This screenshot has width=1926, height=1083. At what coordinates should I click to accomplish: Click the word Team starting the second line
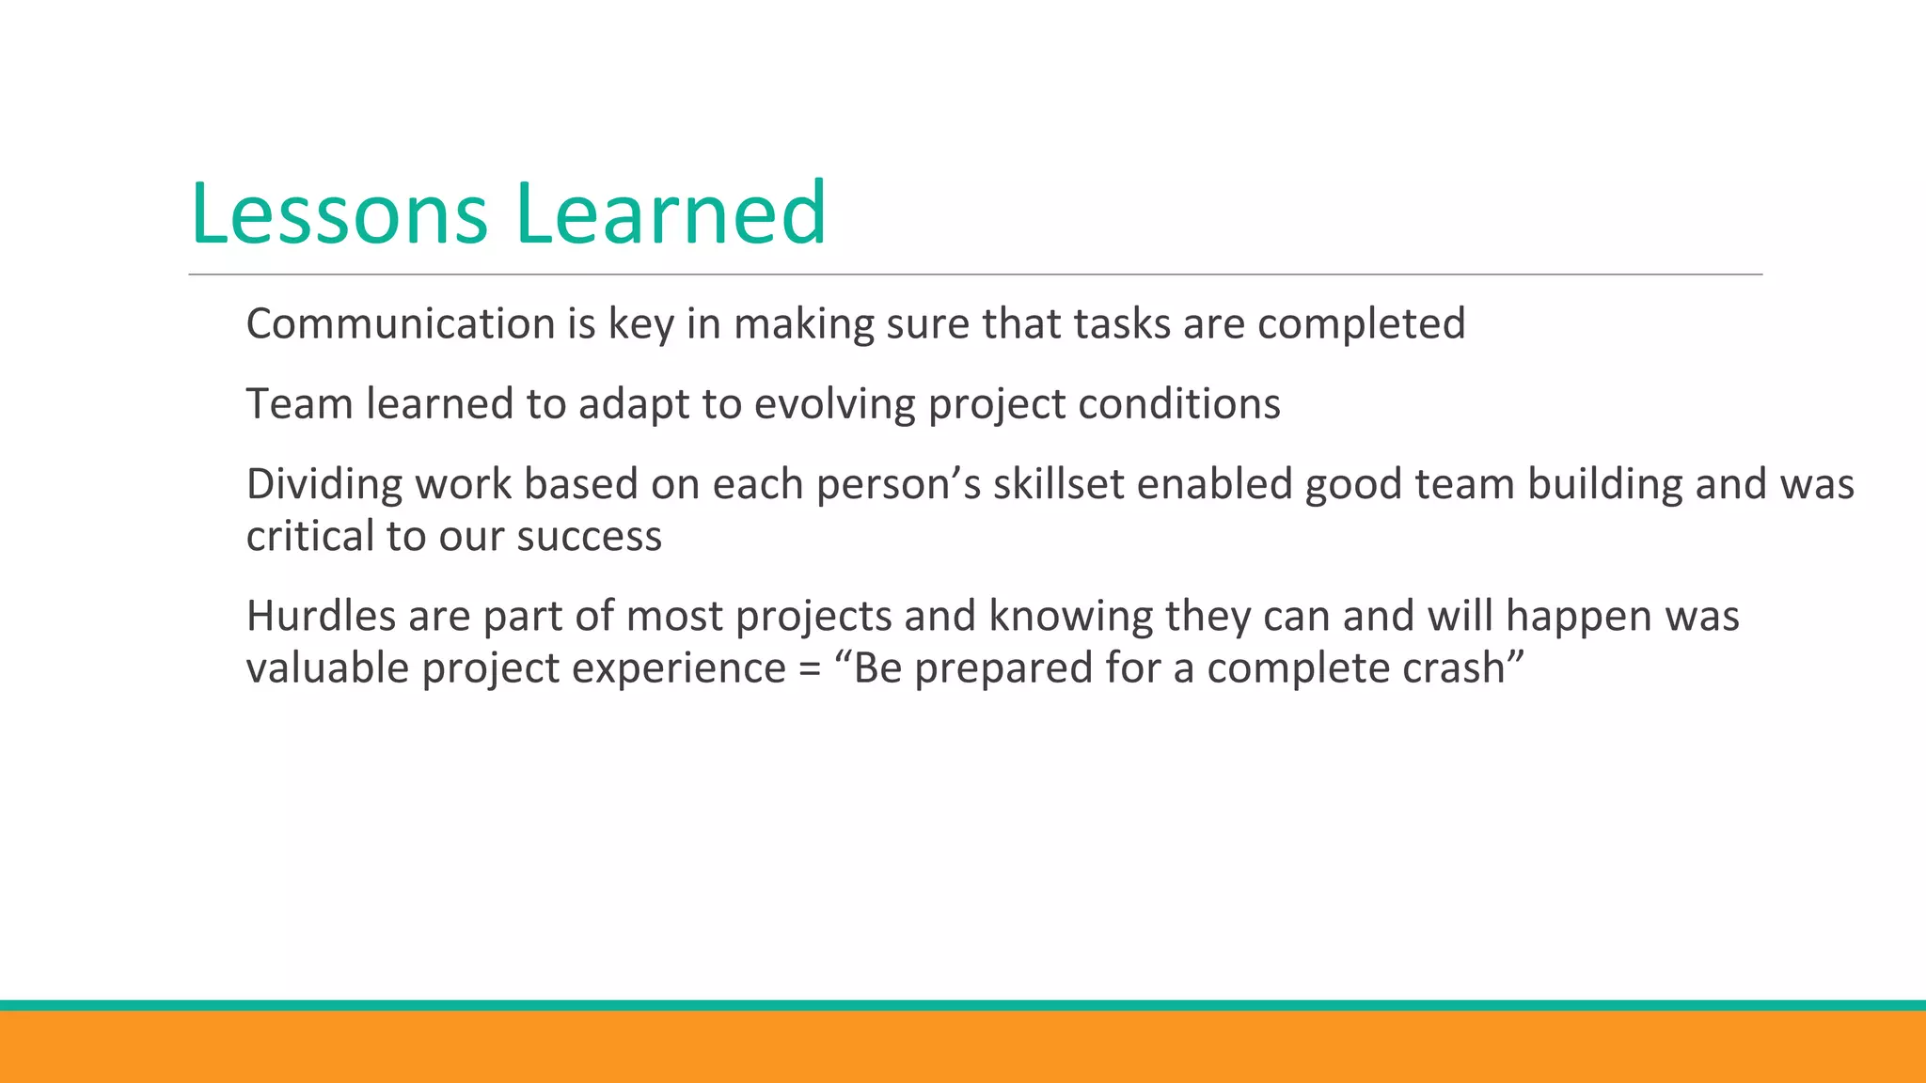[299, 403]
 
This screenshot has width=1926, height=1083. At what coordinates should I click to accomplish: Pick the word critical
[309, 536]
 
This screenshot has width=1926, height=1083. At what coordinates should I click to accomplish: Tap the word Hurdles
[320, 616]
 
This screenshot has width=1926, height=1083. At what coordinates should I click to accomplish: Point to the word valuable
[327, 667]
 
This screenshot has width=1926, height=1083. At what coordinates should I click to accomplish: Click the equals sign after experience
[810, 669]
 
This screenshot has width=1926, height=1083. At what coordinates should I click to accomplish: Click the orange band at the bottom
[963, 1047]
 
